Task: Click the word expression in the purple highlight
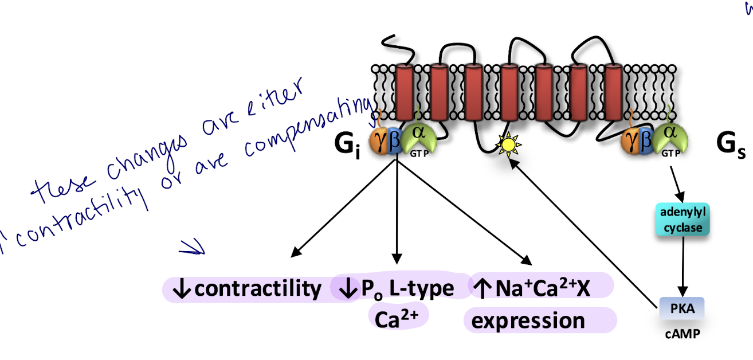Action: (x=528, y=320)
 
